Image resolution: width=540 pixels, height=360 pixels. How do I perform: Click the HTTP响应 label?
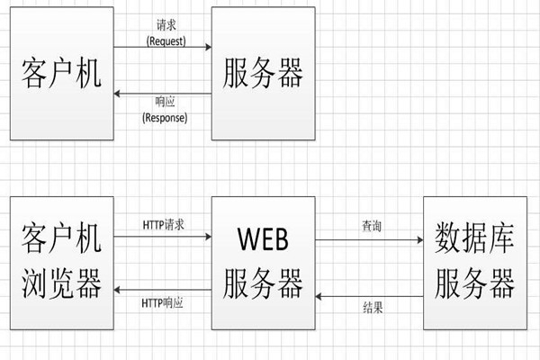tap(163, 303)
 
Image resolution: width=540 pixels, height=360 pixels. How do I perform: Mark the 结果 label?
tap(371, 307)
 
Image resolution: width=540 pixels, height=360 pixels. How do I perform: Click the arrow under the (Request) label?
tap(163, 50)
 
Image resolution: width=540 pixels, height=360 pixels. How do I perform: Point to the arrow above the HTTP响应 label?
tap(163, 290)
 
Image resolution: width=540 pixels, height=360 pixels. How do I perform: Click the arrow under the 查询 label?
tap(371, 240)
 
